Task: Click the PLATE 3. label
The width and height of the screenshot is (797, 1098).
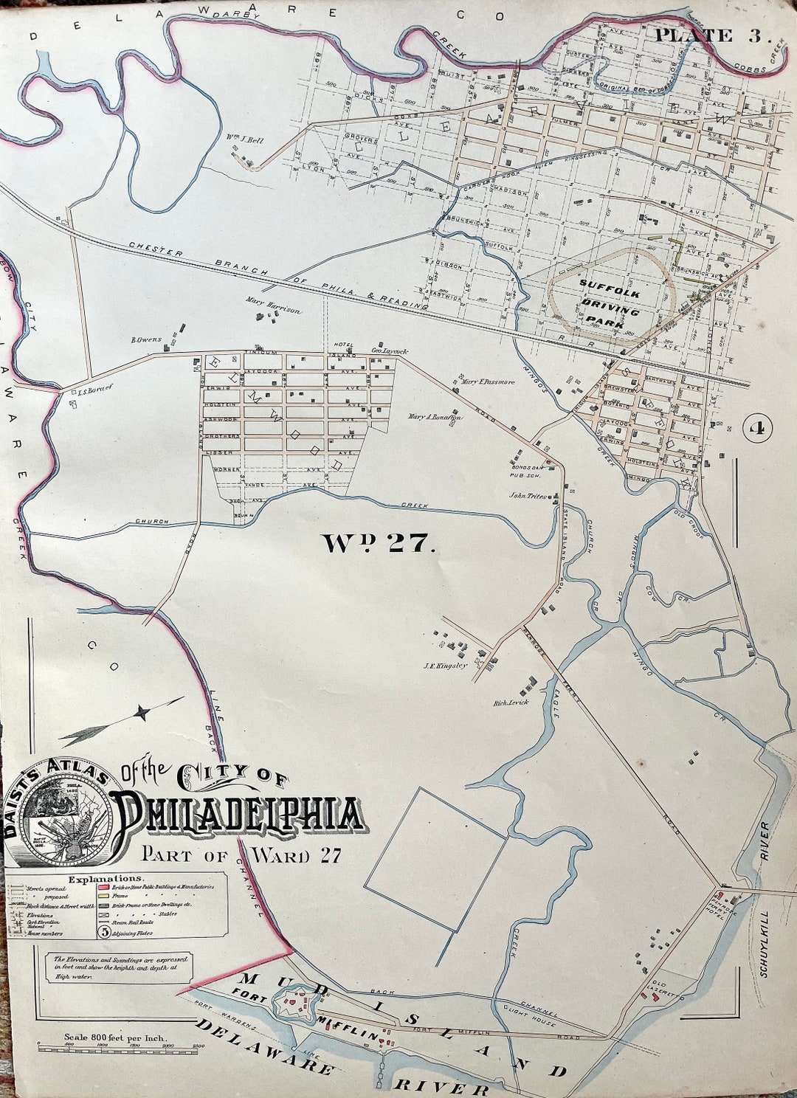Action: click(713, 35)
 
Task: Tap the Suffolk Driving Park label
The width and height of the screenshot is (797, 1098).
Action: click(610, 303)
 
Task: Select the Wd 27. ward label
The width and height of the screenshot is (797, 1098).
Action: click(375, 544)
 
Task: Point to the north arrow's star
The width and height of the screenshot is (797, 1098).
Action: click(142, 712)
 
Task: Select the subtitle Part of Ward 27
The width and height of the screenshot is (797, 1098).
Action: click(241, 855)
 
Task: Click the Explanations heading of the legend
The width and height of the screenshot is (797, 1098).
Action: click(106, 879)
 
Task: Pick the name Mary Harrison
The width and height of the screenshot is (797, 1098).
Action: click(275, 311)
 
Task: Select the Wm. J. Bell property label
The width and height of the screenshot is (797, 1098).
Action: click(244, 139)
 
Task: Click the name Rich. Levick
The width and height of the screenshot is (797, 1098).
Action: click(511, 703)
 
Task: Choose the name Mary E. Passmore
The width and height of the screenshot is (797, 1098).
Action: click(487, 382)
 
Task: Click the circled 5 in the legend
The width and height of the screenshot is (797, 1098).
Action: click(104, 931)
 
